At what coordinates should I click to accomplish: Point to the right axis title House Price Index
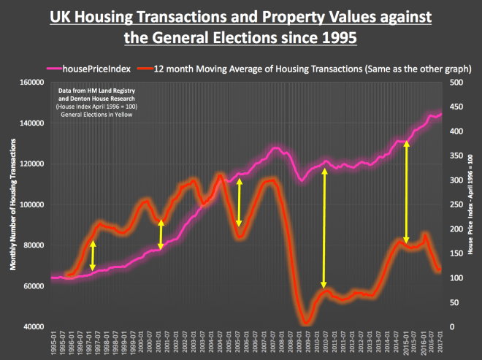click(x=470, y=206)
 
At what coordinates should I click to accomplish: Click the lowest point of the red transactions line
click(x=305, y=322)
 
